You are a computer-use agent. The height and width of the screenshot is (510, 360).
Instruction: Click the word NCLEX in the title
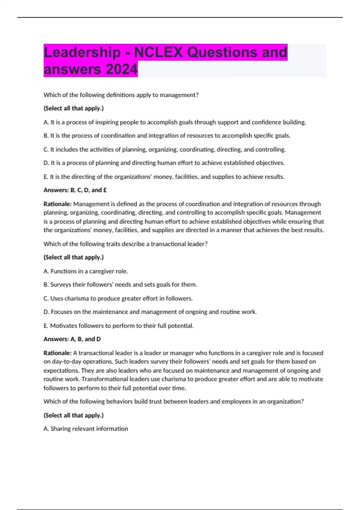(158, 52)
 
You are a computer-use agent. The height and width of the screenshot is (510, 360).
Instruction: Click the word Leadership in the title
(82, 52)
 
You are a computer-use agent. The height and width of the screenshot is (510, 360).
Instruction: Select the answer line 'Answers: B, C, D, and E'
(75, 190)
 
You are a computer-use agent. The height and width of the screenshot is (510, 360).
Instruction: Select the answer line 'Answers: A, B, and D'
(72, 339)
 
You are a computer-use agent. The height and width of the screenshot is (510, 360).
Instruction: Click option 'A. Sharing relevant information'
(86, 429)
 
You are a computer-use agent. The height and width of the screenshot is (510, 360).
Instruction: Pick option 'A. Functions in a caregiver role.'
(86, 271)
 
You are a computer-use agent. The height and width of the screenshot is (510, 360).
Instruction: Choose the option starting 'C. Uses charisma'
(118, 298)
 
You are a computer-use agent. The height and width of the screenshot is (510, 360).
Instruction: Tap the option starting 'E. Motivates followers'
(118, 326)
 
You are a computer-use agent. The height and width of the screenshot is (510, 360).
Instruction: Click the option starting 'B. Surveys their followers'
(120, 285)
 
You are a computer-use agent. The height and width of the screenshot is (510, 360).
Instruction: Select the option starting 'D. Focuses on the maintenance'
(150, 312)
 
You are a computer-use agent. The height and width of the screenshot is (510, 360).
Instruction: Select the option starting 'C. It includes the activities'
(165, 149)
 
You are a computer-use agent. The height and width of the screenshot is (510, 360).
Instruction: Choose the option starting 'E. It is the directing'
(164, 177)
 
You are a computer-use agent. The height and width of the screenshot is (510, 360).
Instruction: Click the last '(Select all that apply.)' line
(73, 415)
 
